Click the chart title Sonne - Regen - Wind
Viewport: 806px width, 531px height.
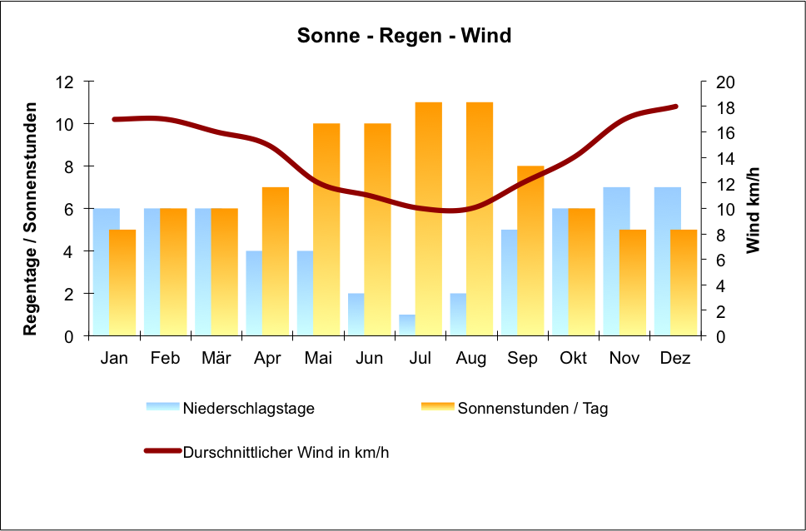404,37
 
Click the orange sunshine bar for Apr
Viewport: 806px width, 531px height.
276,261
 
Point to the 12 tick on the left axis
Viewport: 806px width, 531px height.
65,82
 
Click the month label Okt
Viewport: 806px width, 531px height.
574,359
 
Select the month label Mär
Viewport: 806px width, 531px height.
216,359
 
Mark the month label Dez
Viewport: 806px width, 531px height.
675,359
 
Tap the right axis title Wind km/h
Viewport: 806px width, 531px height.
754,209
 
